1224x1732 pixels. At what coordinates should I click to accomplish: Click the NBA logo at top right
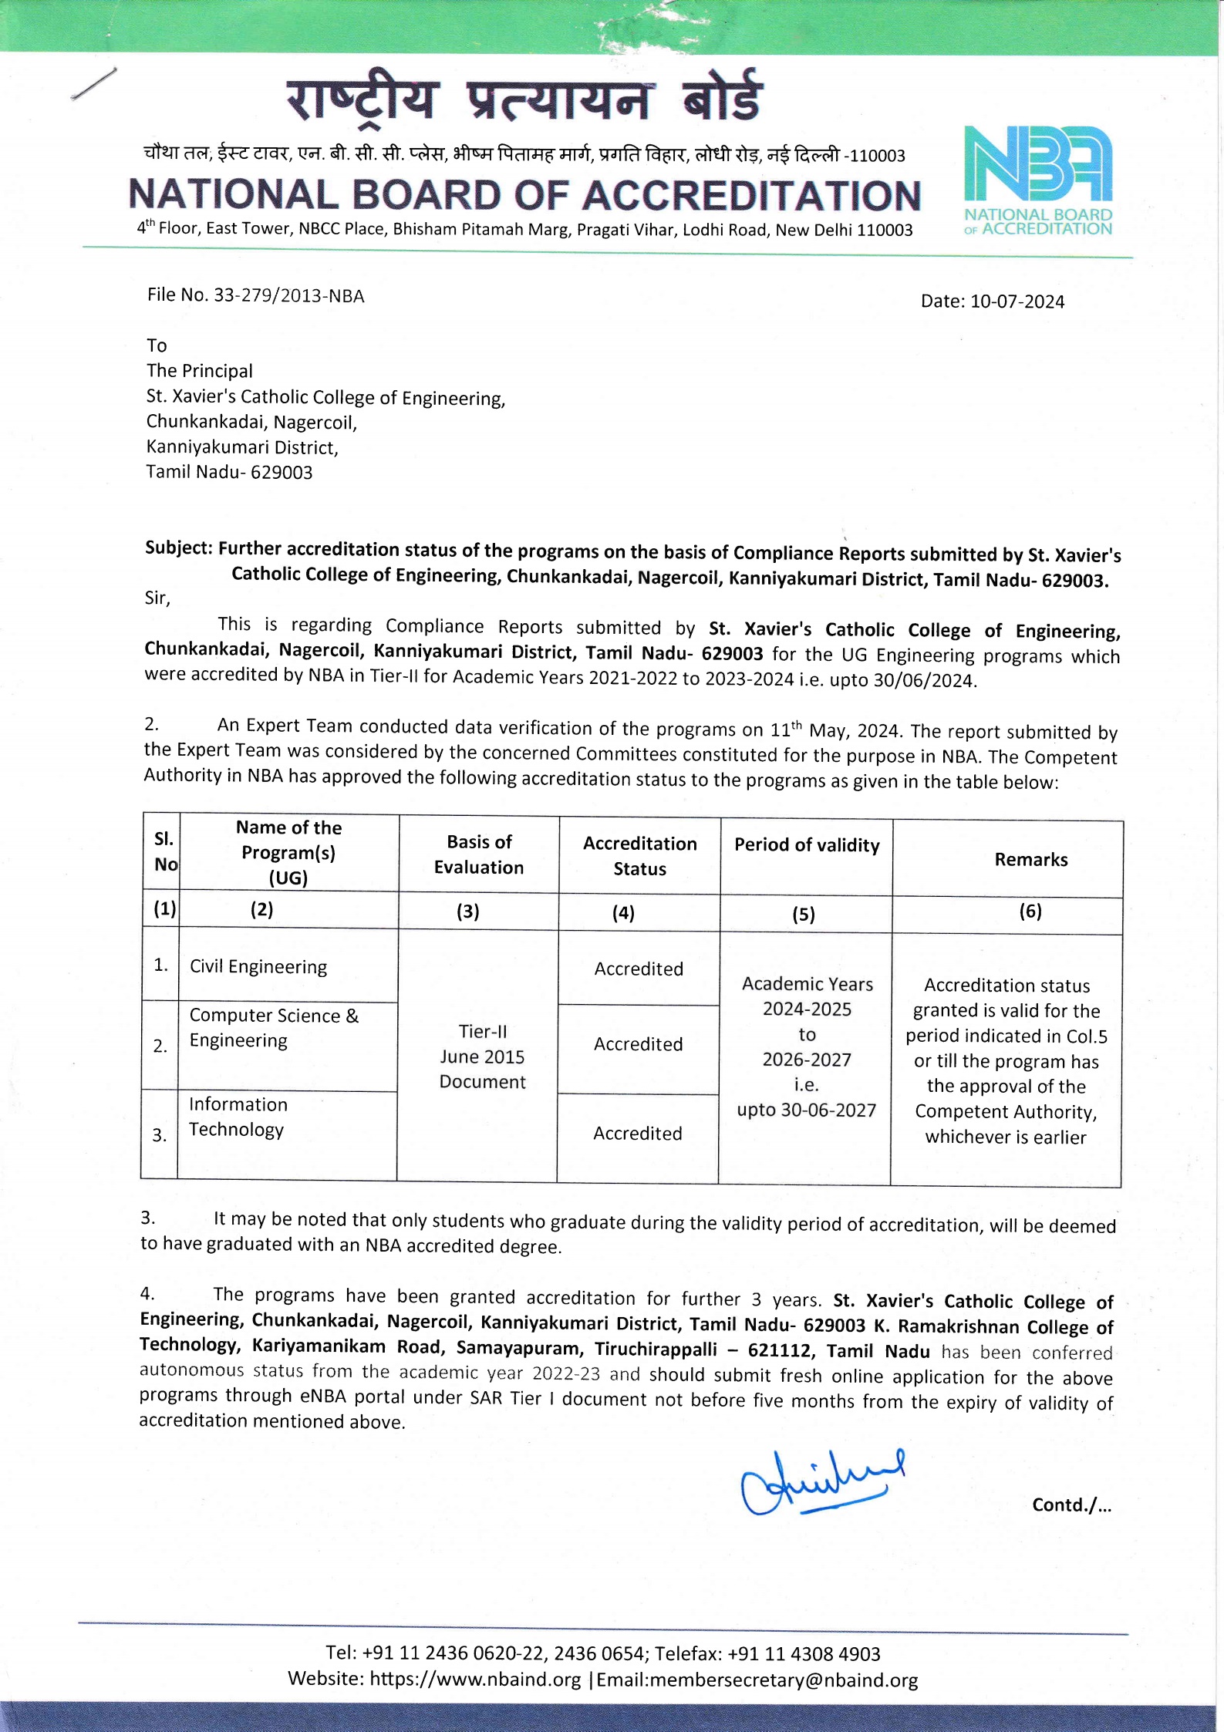pos(1038,181)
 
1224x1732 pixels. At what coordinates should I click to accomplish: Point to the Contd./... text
pos(1071,1505)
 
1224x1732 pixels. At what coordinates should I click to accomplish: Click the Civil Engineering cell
pos(258,967)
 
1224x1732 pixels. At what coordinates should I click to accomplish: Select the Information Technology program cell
pos(238,1117)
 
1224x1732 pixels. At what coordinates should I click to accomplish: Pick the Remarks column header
pos(1030,860)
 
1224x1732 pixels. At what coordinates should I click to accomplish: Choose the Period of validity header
pos(807,845)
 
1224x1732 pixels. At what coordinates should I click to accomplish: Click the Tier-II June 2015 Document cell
pos(482,1056)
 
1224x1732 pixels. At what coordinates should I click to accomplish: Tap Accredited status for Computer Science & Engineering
pos(639,1044)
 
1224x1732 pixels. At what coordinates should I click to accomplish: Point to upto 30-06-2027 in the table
pos(807,1110)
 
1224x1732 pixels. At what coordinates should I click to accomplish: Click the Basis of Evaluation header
pos(479,854)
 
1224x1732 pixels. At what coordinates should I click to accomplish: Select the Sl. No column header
pos(164,851)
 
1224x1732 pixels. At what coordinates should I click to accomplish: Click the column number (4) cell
pos(623,913)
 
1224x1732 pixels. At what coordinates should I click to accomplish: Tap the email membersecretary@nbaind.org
pos(784,1680)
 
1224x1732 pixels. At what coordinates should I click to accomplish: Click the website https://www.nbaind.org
pos(475,1680)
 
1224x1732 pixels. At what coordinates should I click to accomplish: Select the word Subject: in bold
pos(178,548)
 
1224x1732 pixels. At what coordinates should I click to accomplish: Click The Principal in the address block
pos(200,371)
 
